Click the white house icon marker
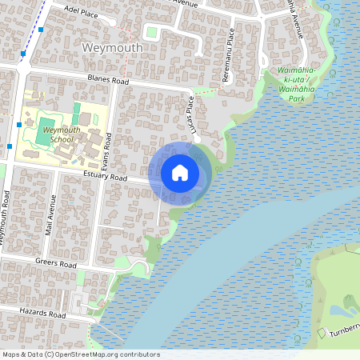180,173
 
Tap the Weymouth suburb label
113,48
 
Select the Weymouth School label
61,134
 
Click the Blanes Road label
108,79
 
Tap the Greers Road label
56,263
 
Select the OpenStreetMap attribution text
81,354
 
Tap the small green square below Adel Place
151,32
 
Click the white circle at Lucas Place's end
197,138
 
